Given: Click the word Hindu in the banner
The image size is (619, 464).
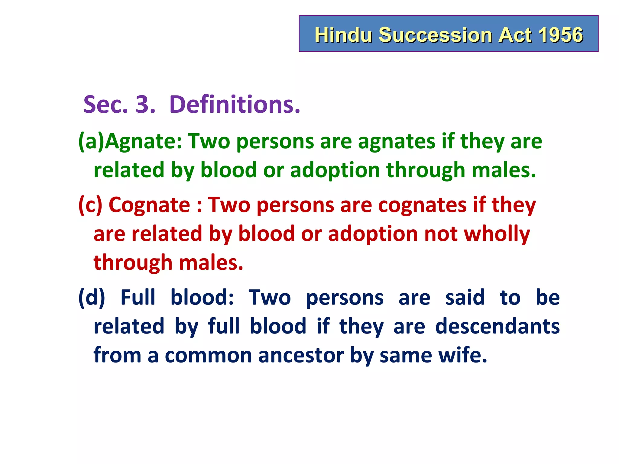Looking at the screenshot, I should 343,35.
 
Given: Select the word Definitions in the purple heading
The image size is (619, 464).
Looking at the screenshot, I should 235,105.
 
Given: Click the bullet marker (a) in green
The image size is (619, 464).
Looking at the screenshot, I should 91,141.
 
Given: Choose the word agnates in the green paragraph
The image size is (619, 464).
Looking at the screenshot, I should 396,141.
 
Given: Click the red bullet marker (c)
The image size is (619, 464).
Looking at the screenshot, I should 90,205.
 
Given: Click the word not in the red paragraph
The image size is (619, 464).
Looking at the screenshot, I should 441,234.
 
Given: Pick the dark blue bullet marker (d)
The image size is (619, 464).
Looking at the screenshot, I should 92,298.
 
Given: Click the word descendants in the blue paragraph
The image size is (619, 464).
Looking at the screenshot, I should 497,326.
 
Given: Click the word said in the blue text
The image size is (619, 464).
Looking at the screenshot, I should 465,298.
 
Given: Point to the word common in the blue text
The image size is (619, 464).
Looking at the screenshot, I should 208,355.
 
